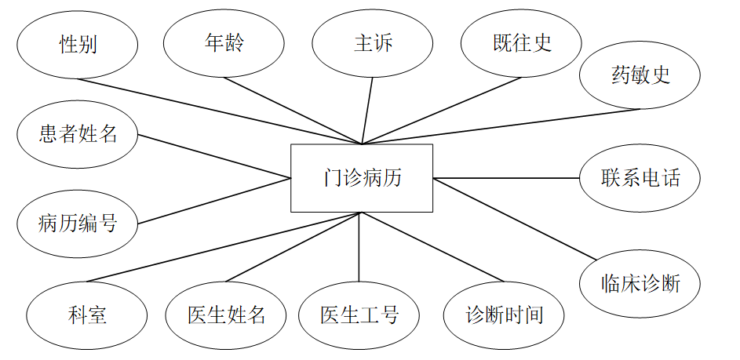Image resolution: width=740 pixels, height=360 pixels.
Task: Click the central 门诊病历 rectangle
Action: pos(362,178)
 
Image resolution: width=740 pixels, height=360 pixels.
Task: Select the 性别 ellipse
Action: pos(78,44)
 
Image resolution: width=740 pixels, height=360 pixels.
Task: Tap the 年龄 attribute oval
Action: pos(224,42)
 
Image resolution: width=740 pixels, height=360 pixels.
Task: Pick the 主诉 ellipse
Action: pos(373,43)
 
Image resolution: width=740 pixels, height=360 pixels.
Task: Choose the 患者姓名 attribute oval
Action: pos(78,134)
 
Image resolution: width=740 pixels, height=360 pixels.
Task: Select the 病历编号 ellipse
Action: pos(78,223)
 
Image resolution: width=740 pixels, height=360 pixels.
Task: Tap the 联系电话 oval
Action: pos(640,178)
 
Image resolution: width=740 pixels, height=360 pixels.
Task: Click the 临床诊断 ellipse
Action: pos(640,282)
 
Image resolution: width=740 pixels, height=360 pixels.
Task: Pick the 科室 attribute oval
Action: pos(87,315)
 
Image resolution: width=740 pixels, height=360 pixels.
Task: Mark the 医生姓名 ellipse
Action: pos(226,315)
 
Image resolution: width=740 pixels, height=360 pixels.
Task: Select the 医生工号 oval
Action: pos(359,315)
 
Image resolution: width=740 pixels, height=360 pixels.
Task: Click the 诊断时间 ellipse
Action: pos(504,315)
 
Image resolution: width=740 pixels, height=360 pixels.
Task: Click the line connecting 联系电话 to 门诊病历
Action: pos(506,178)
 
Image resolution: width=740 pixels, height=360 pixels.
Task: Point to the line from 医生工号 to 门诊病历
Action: pos(359,247)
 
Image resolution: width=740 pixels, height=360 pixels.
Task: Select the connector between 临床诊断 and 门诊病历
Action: pos(515,218)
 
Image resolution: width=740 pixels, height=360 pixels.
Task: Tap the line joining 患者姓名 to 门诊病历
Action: pos(214,157)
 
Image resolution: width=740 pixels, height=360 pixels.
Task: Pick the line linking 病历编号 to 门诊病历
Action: pos(214,201)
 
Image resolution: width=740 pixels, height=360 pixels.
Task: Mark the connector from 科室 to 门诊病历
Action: pos(224,246)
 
